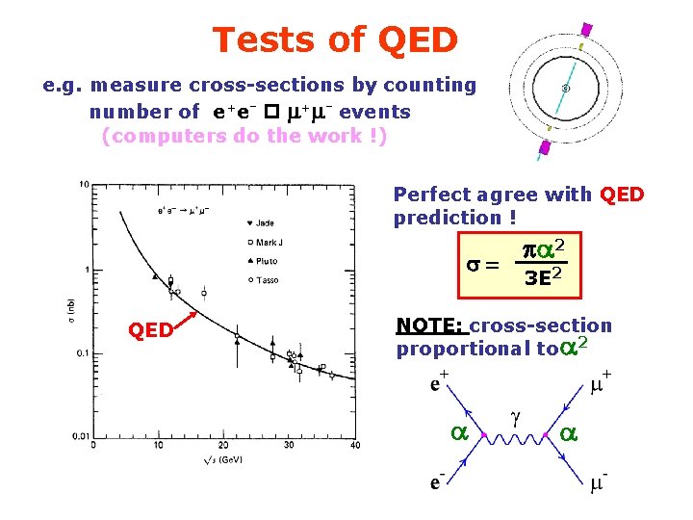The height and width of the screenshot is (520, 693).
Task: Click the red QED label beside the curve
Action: [x=151, y=330]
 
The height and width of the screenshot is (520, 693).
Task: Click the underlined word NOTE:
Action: [x=431, y=326]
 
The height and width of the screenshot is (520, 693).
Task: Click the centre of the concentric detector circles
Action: [x=566, y=89]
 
